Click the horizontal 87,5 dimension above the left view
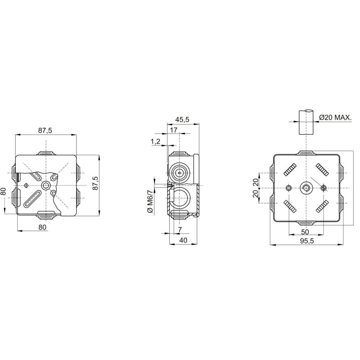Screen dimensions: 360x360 click(45, 130)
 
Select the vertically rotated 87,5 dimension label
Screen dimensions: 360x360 click(94, 184)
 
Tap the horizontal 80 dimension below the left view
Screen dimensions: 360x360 click(42, 227)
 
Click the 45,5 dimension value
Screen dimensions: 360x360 click(182, 119)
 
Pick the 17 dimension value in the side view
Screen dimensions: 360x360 click(174, 130)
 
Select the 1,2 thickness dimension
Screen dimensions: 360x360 click(156, 142)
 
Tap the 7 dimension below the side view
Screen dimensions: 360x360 click(180, 230)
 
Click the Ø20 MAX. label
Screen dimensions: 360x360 click(335, 117)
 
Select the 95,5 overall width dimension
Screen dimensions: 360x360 click(306, 241)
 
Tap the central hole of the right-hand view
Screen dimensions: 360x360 click(306, 188)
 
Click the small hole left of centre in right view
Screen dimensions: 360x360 click(288, 188)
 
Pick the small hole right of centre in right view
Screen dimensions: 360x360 click(323, 188)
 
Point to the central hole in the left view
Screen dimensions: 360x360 click(45, 185)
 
